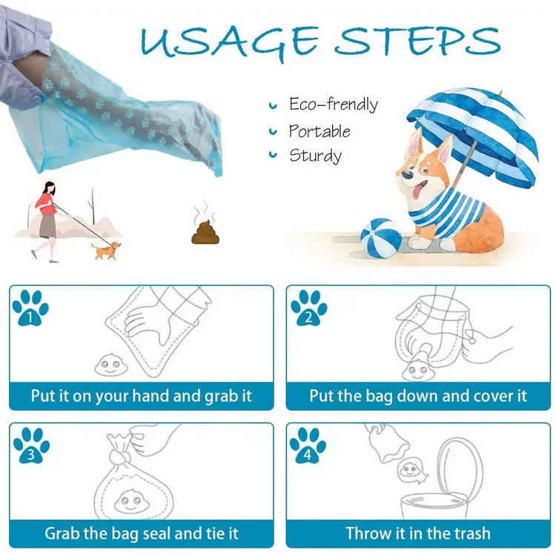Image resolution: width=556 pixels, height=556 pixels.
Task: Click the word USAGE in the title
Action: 229,42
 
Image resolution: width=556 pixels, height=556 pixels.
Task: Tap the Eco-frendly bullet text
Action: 334,105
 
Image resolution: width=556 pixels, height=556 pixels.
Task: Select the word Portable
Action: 320,130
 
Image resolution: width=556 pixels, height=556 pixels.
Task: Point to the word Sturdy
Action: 315,156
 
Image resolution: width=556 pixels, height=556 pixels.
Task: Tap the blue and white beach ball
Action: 381,238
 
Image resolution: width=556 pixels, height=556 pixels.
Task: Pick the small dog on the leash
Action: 106,250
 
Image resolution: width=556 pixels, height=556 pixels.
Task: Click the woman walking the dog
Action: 48,222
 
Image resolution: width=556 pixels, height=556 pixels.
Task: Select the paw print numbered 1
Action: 30,308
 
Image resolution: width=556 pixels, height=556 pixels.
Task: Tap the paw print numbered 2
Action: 308,308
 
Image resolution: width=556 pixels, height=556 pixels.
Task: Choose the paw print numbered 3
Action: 31,446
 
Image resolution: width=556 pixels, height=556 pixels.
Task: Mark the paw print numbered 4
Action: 308,446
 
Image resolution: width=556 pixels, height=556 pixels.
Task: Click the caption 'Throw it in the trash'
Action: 418,533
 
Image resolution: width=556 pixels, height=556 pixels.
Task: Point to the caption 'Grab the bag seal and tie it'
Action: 142,534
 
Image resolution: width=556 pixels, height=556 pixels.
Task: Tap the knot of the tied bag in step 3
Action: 118,457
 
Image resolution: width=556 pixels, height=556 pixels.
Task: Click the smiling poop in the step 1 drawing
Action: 110,364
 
